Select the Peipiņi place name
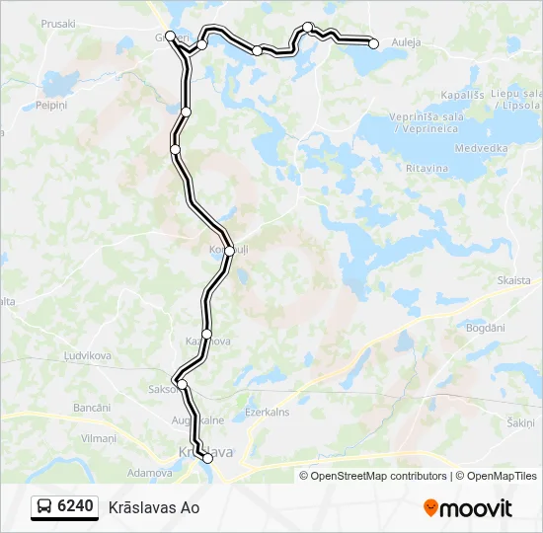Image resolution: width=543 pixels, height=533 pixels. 51,104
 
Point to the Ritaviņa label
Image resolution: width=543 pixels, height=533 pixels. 427,169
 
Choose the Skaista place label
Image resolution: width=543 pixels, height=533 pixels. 512,281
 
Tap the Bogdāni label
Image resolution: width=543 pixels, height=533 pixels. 485,326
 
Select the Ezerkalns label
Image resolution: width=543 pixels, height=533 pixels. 267,413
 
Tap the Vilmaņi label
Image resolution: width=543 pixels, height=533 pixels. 99,437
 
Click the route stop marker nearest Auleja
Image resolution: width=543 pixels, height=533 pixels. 374,42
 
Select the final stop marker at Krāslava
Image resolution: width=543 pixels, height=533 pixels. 207,458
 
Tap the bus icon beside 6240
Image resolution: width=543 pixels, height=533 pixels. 45,507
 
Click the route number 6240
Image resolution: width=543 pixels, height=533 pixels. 76,507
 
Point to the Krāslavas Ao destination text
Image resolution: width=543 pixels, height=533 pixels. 154,507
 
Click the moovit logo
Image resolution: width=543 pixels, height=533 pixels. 468,508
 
